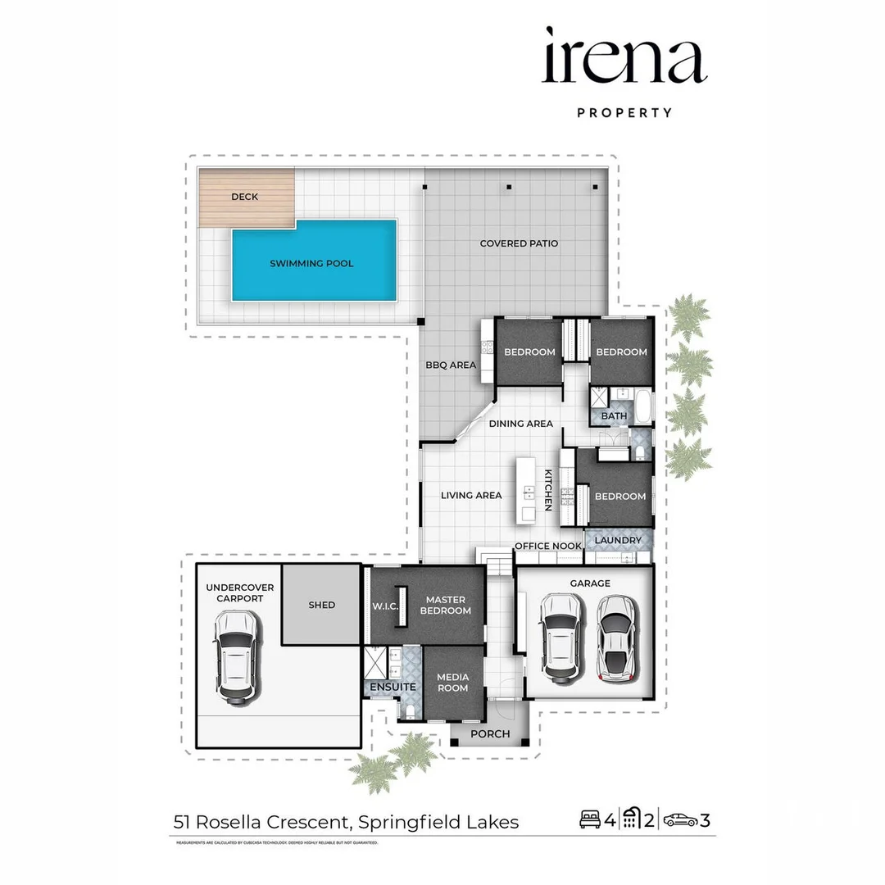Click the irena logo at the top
click(624, 57)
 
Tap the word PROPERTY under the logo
click(624, 113)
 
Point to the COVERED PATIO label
click(519, 243)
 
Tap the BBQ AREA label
click(450, 365)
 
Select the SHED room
click(322, 605)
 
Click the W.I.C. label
click(384, 606)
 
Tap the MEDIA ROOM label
click(452, 683)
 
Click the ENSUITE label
click(393, 687)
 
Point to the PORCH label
click(491, 733)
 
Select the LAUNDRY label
click(618, 541)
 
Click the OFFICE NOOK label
click(547, 546)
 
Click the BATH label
click(614, 416)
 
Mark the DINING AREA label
click(521, 424)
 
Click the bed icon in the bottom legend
click(589, 819)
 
